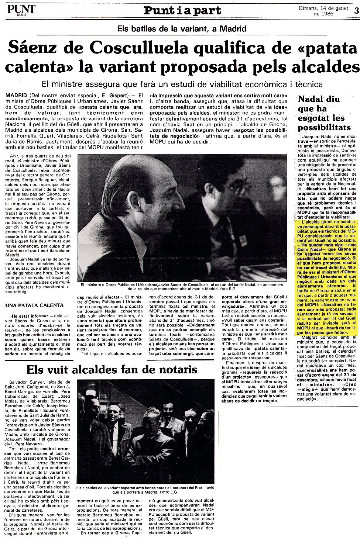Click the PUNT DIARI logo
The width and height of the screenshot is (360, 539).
(21, 10)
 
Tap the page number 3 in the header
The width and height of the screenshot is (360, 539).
(356, 10)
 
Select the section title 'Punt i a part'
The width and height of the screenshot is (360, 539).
(182, 10)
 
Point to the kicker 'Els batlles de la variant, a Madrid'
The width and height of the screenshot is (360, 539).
(182, 28)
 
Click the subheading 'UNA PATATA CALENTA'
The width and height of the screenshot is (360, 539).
(35, 305)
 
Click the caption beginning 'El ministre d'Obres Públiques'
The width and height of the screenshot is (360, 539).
(182, 287)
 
